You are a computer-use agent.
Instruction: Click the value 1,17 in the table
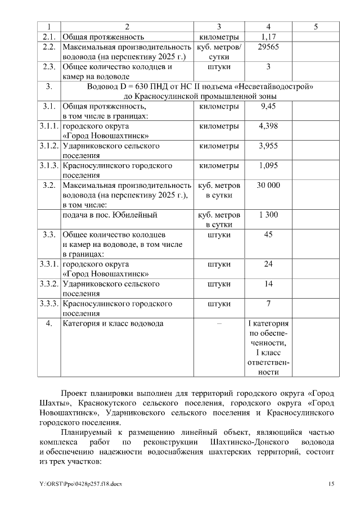click(x=268, y=37)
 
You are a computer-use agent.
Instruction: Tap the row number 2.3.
click(x=49, y=67)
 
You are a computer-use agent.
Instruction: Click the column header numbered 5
click(x=316, y=26)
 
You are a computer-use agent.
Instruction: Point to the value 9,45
click(x=268, y=106)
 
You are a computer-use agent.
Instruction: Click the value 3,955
click(x=268, y=146)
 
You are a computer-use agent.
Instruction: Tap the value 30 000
click(x=268, y=185)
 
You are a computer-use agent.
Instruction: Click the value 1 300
click(x=268, y=215)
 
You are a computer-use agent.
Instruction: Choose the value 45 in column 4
click(x=268, y=235)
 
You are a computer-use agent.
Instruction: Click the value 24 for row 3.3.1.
click(x=268, y=264)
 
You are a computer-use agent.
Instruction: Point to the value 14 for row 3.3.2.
click(x=268, y=284)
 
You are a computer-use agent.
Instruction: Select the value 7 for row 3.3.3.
click(x=268, y=304)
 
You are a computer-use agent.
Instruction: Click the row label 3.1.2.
click(x=49, y=146)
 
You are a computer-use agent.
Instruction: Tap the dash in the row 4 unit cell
click(x=219, y=324)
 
